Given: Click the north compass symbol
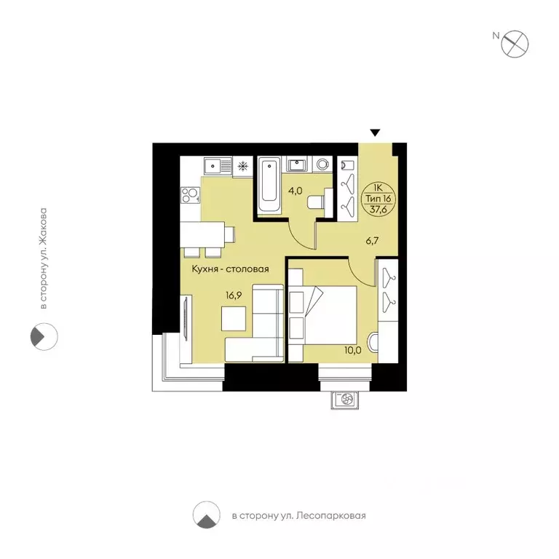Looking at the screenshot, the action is click(x=515, y=44).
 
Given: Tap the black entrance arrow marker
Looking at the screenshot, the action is click(x=375, y=132).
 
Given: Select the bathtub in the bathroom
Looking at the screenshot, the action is click(x=269, y=186).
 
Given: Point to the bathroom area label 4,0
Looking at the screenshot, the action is click(x=296, y=191).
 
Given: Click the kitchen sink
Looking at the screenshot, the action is click(x=218, y=165).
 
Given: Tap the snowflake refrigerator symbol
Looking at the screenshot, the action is click(x=243, y=166).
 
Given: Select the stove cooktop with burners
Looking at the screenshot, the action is click(x=191, y=195).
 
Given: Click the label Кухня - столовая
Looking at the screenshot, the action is click(x=230, y=269).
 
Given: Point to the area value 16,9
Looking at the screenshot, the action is click(x=234, y=296).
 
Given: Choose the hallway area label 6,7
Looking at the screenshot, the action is click(x=372, y=241).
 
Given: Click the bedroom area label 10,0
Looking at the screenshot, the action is click(x=353, y=350).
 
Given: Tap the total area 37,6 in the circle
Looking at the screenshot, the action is click(x=378, y=210).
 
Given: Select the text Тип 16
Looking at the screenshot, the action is click(x=378, y=198).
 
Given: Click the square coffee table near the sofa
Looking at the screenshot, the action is click(x=234, y=318).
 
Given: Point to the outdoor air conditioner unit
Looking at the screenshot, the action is click(x=345, y=400).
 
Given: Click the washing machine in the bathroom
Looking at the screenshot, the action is click(x=322, y=164).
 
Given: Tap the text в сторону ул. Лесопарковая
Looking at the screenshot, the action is click(x=298, y=516).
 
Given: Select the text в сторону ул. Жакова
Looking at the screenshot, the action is click(x=43, y=258).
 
